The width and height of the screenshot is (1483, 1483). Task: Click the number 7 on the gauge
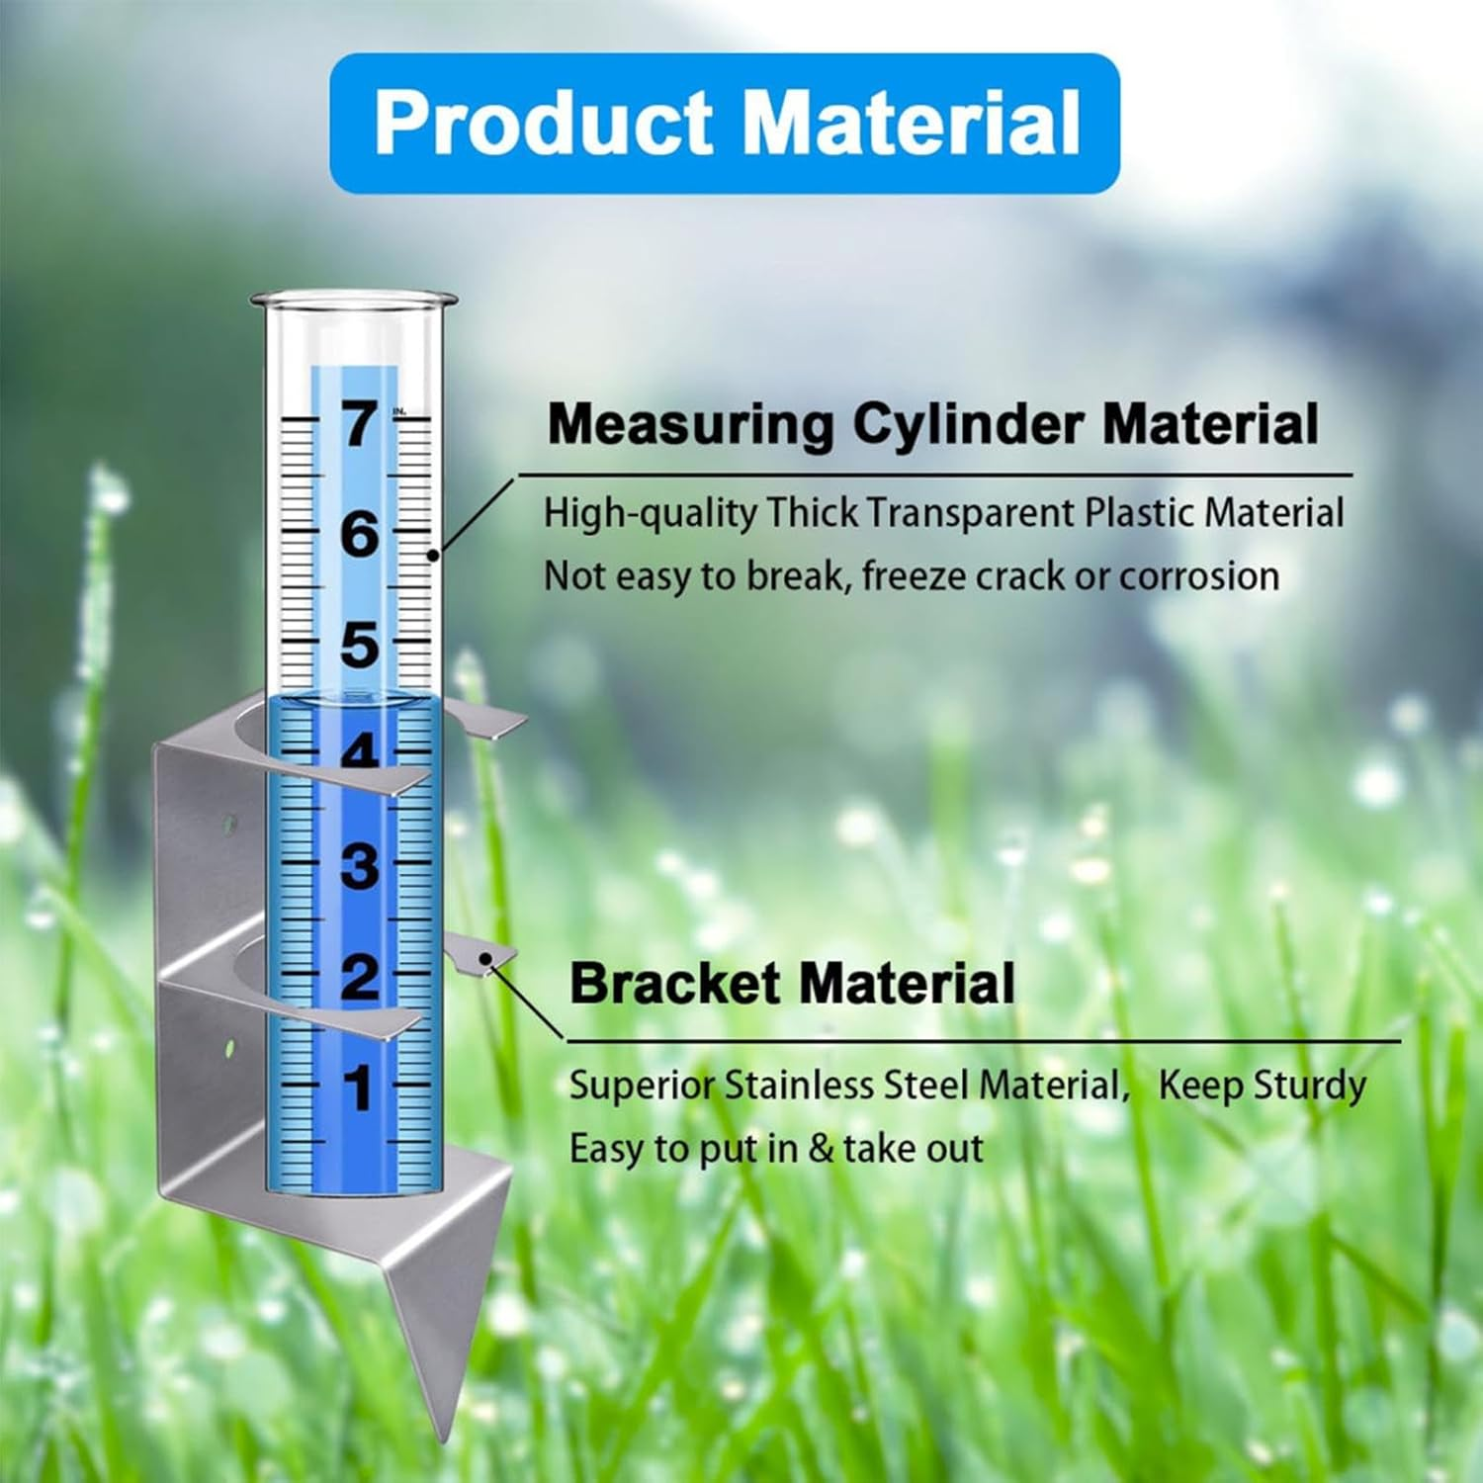(x=360, y=423)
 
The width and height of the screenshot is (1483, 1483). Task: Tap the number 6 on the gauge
(x=360, y=535)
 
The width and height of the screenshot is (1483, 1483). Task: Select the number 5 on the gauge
(x=360, y=646)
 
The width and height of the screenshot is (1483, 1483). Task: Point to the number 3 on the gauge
(x=360, y=866)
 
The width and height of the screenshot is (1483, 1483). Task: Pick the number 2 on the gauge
(x=360, y=977)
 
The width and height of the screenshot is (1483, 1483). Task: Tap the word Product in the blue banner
(x=543, y=123)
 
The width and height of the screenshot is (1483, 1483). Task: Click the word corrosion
(x=1199, y=575)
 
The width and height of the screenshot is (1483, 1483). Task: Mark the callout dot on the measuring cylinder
(x=433, y=556)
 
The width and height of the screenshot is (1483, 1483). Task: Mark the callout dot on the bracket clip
(x=485, y=958)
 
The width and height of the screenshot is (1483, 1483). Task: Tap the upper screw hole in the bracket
(x=229, y=822)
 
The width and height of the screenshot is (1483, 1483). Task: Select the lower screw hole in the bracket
(x=229, y=1045)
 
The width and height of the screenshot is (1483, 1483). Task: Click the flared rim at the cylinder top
(x=354, y=299)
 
